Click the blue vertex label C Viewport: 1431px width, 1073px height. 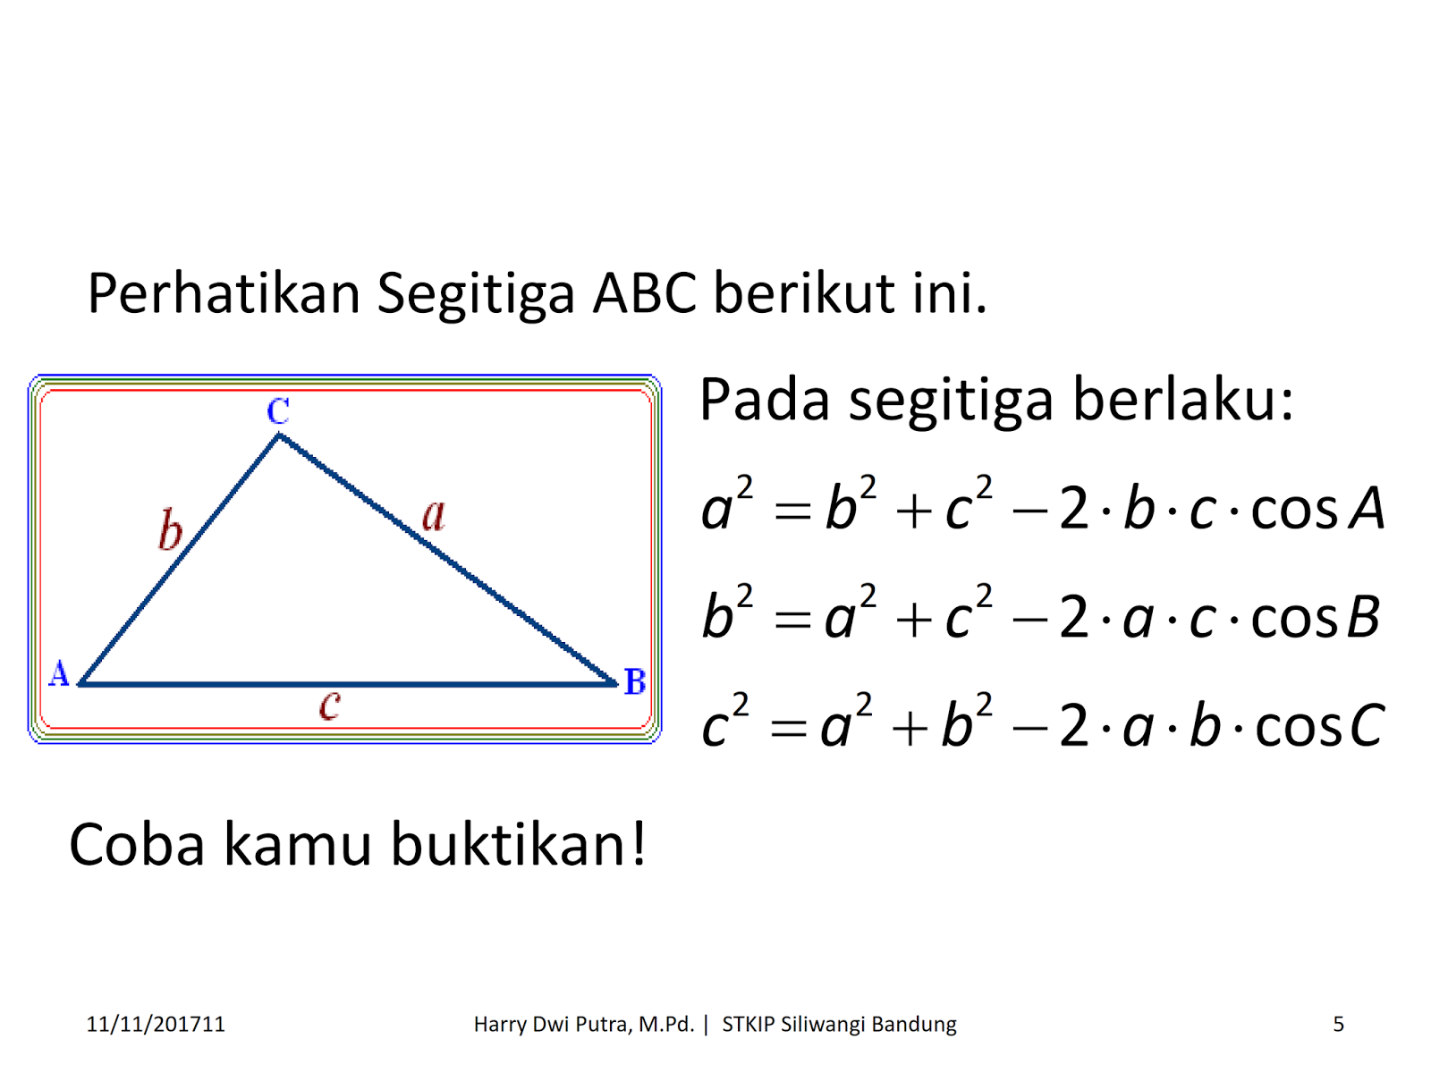(278, 411)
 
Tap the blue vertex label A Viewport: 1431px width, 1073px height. (59, 673)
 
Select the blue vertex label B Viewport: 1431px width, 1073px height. (635, 682)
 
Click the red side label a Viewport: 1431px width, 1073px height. (434, 515)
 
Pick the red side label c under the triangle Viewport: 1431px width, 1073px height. (330, 705)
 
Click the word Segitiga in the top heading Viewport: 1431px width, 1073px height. (475, 293)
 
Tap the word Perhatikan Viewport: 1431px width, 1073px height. (224, 293)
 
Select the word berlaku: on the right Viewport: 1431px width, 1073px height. (1182, 399)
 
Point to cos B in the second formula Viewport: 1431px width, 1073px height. (1316, 618)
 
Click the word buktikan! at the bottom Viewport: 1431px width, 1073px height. (519, 844)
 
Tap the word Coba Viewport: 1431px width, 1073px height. (137, 844)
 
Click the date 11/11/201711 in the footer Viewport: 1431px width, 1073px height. (156, 1025)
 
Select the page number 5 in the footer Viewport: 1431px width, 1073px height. (1338, 1025)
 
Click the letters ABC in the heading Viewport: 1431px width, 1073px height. (644, 293)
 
